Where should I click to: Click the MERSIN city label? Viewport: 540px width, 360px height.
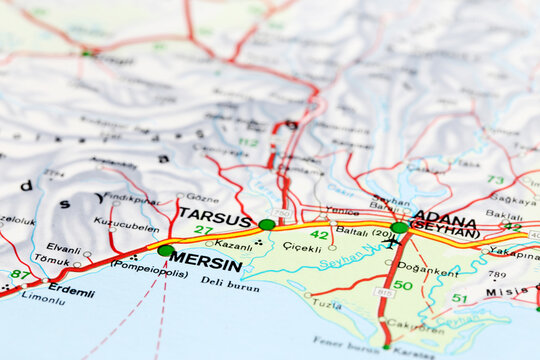click(x=206, y=266)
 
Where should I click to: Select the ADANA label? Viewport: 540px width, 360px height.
click(x=444, y=216)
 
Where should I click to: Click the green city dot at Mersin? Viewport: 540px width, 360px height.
click(x=165, y=250)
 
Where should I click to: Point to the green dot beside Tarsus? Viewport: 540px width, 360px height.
click(x=267, y=224)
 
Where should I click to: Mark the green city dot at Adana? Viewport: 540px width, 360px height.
click(x=399, y=228)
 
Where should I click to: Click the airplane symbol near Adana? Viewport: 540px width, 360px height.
click(x=390, y=243)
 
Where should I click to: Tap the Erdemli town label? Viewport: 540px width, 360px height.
click(x=71, y=291)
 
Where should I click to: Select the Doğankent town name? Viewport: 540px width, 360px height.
click(x=428, y=268)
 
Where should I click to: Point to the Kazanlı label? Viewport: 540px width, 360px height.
click(x=234, y=245)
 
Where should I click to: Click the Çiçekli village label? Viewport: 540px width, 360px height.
click(x=301, y=247)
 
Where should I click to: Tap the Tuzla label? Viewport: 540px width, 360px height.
click(x=326, y=303)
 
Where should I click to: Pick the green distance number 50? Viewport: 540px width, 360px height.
click(x=403, y=286)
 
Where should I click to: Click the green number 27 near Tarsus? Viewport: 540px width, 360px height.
click(x=203, y=231)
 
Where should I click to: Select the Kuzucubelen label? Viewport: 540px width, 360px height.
click(x=126, y=225)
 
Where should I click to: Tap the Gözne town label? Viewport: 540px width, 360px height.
click(x=203, y=198)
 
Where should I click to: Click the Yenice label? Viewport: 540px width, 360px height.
click(x=341, y=211)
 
